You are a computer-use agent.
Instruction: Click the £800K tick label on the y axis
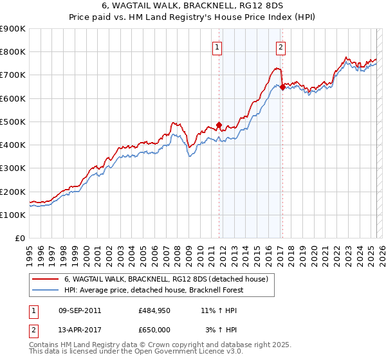(x=13, y=52)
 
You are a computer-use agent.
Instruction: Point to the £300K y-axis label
(x=13, y=168)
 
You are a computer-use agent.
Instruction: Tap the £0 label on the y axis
(x=20, y=239)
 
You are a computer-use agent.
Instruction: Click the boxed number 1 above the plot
(x=217, y=46)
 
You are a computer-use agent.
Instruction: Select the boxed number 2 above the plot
(x=281, y=46)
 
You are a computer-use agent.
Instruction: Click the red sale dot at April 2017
(x=282, y=86)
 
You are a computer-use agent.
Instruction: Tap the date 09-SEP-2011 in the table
(x=79, y=310)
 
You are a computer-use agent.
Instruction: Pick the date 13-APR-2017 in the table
(x=79, y=330)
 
